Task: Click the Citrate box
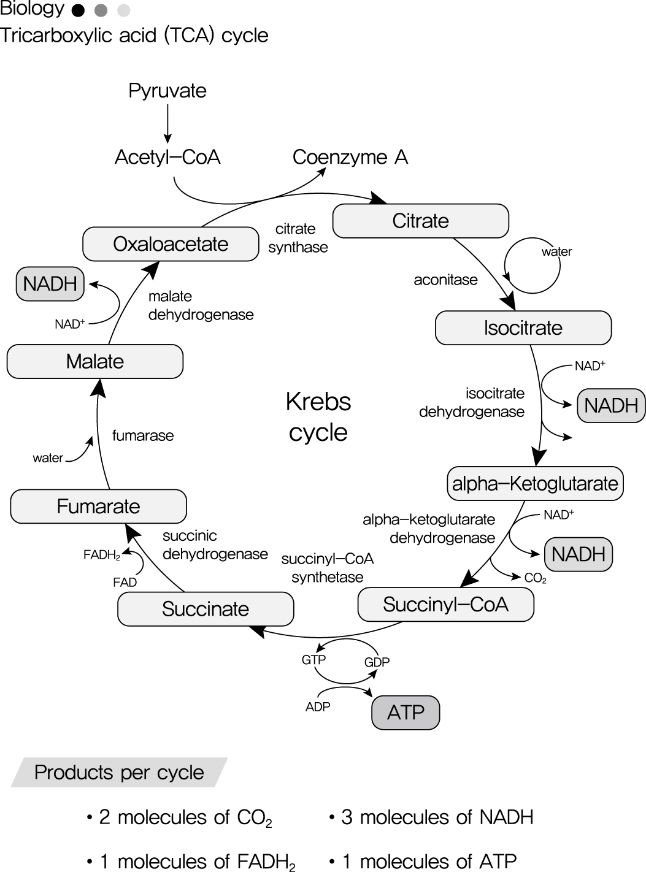pos(420,221)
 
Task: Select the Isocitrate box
pos(523,328)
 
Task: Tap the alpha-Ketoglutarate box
pos(535,483)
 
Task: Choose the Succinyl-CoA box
pos(445,605)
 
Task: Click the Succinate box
pos(206,609)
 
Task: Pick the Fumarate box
pos(98,507)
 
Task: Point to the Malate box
pos(94,361)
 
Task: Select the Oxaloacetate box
pos(171,244)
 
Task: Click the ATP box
pos(406,713)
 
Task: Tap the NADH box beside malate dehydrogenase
pos(50,284)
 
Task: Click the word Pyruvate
pos(167,91)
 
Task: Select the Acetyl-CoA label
pos(167,158)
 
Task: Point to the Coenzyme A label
pos(350,158)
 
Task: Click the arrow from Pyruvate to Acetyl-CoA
pos(167,123)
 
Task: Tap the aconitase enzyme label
pos(445,280)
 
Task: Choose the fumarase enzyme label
pos(143,436)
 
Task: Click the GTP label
pos(313,660)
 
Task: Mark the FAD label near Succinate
pos(125,583)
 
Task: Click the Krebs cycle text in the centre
pos(318,417)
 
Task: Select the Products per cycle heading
pos(119,773)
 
